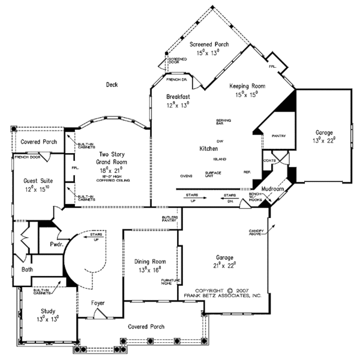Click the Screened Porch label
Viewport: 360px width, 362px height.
(x=209, y=45)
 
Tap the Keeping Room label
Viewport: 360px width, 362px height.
(x=247, y=86)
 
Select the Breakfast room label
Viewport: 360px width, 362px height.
(x=178, y=97)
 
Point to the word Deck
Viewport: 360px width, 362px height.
(x=112, y=85)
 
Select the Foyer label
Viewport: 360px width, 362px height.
(x=98, y=303)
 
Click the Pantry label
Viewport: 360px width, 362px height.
(x=278, y=136)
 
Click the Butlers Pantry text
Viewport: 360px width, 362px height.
(x=169, y=219)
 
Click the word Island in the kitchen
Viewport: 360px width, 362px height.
(x=219, y=159)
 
